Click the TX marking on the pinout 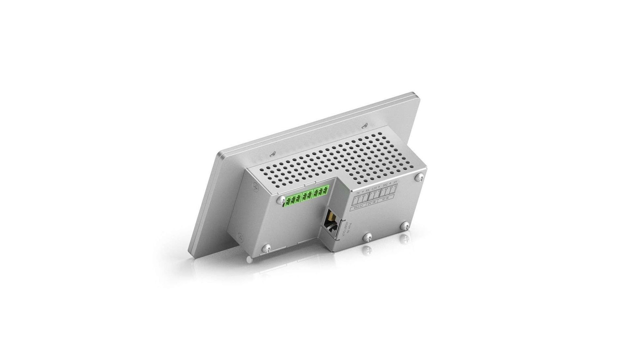358,193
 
